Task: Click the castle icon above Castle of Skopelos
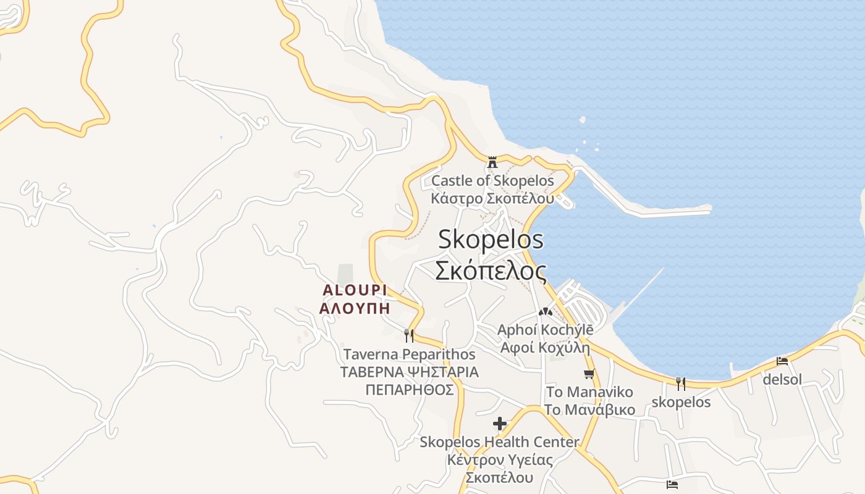492,162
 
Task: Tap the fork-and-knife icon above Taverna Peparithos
408,336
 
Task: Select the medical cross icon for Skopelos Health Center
500,424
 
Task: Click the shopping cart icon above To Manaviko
589,374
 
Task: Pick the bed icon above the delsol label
782,361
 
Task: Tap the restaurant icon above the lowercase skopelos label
680,384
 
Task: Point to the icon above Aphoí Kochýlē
545,312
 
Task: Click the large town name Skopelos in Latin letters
491,240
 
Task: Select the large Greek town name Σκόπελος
491,270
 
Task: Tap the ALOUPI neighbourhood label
355,290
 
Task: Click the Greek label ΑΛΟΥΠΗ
355,308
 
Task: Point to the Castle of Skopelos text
492,181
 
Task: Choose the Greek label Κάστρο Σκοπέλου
492,198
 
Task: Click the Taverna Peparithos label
409,354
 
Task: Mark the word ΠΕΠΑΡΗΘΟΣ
409,390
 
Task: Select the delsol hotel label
782,379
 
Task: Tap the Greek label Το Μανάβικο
589,409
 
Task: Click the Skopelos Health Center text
499,442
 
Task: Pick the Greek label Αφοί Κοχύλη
545,347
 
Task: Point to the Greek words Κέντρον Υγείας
499,460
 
